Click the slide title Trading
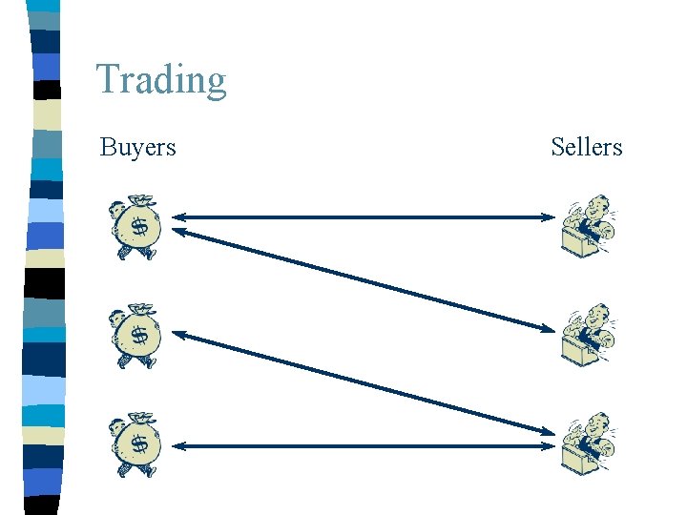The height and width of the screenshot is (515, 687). pyautogui.click(x=161, y=79)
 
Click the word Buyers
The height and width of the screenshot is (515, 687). pyautogui.click(x=137, y=147)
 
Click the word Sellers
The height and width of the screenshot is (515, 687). pyautogui.click(x=586, y=147)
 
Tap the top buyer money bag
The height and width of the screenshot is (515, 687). pyautogui.click(x=135, y=229)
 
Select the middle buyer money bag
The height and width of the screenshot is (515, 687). pyautogui.click(x=135, y=336)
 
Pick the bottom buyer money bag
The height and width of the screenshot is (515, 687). pyautogui.click(x=135, y=444)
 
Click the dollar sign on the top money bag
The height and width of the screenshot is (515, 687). pyautogui.click(x=139, y=228)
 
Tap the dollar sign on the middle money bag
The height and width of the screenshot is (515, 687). pyautogui.click(x=139, y=336)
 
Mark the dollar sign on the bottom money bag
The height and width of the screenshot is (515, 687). pyautogui.click(x=139, y=444)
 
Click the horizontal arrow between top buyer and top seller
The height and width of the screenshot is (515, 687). pyautogui.click(x=363, y=217)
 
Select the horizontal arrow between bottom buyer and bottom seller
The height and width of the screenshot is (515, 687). pyautogui.click(x=363, y=445)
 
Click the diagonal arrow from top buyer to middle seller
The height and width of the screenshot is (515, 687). pyautogui.click(x=363, y=279)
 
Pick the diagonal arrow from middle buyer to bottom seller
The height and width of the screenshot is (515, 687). pyautogui.click(x=363, y=386)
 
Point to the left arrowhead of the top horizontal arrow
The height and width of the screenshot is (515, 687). pyautogui.click(x=178, y=217)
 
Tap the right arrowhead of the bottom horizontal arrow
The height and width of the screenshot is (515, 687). pyautogui.click(x=547, y=445)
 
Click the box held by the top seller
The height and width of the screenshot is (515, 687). pyautogui.click(x=578, y=242)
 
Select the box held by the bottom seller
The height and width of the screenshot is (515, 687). pyautogui.click(x=578, y=460)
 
